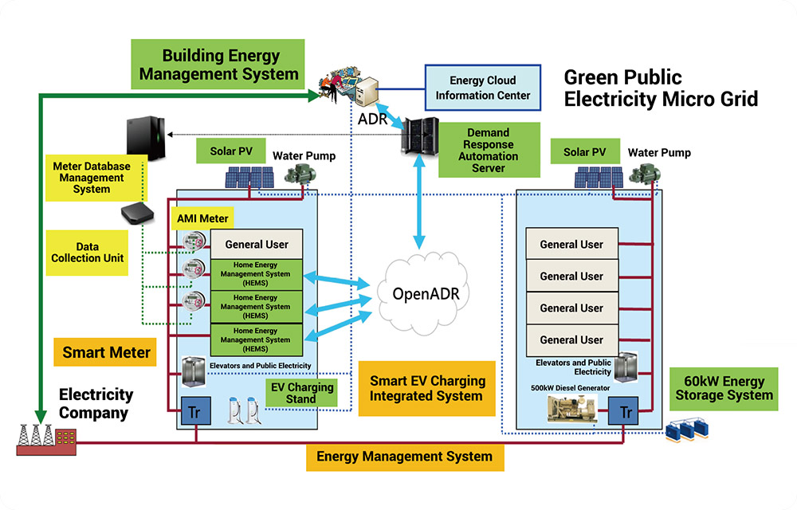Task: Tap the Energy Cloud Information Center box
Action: [x=483, y=88]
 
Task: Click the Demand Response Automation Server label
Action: [x=488, y=151]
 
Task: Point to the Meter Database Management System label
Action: [x=91, y=178]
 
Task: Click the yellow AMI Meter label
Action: [x=202, y=218]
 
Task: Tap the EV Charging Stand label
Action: [x=300, y=392]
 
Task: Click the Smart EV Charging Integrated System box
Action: [x=426, y=388]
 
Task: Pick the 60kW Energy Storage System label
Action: [x=724, y=388]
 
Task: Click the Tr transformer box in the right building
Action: [x=626, y=412]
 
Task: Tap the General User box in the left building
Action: [x=257, y=245]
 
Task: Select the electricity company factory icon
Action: [x=46, y=439]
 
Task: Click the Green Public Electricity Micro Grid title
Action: [x=660, y=88]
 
